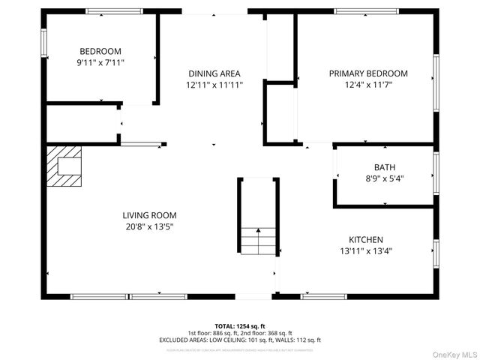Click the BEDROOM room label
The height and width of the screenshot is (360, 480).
(x=101, y=51)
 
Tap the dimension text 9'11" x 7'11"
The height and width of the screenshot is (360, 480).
(x=101, y=63)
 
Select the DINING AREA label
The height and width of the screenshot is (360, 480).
(x=214, y=73)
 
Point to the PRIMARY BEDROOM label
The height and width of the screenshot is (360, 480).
(x=368, y=73)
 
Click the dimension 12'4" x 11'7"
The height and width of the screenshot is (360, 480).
(x=368, y=85)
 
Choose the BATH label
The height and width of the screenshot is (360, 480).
(x=385, y=167)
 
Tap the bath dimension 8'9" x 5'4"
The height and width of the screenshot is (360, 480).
(x=385, y=178)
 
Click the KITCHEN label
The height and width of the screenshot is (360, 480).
(x=366, y=239)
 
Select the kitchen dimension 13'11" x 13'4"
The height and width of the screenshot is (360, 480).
(x=366, y=251)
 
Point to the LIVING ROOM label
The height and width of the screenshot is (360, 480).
(x=149, y=215)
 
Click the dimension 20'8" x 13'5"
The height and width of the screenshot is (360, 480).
(x=149, y=226)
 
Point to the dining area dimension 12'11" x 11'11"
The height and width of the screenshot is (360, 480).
(x=214, y=85)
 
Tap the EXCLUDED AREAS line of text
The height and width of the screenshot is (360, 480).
(x=240, y=340)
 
